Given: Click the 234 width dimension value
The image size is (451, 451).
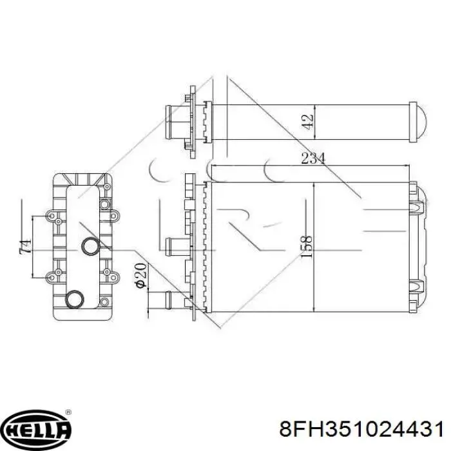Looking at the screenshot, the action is pyautogui.click(x=313, y=158).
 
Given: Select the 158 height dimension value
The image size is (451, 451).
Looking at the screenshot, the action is pyautogui.click(x=306, y=247).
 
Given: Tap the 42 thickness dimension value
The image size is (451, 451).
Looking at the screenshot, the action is pyautogui.click(x=308, y=122).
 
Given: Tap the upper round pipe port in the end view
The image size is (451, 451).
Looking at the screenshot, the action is pyautogui.click(x=91, y=246).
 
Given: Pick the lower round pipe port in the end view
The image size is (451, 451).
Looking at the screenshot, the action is pyautogui.click(x=74, y=299).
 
